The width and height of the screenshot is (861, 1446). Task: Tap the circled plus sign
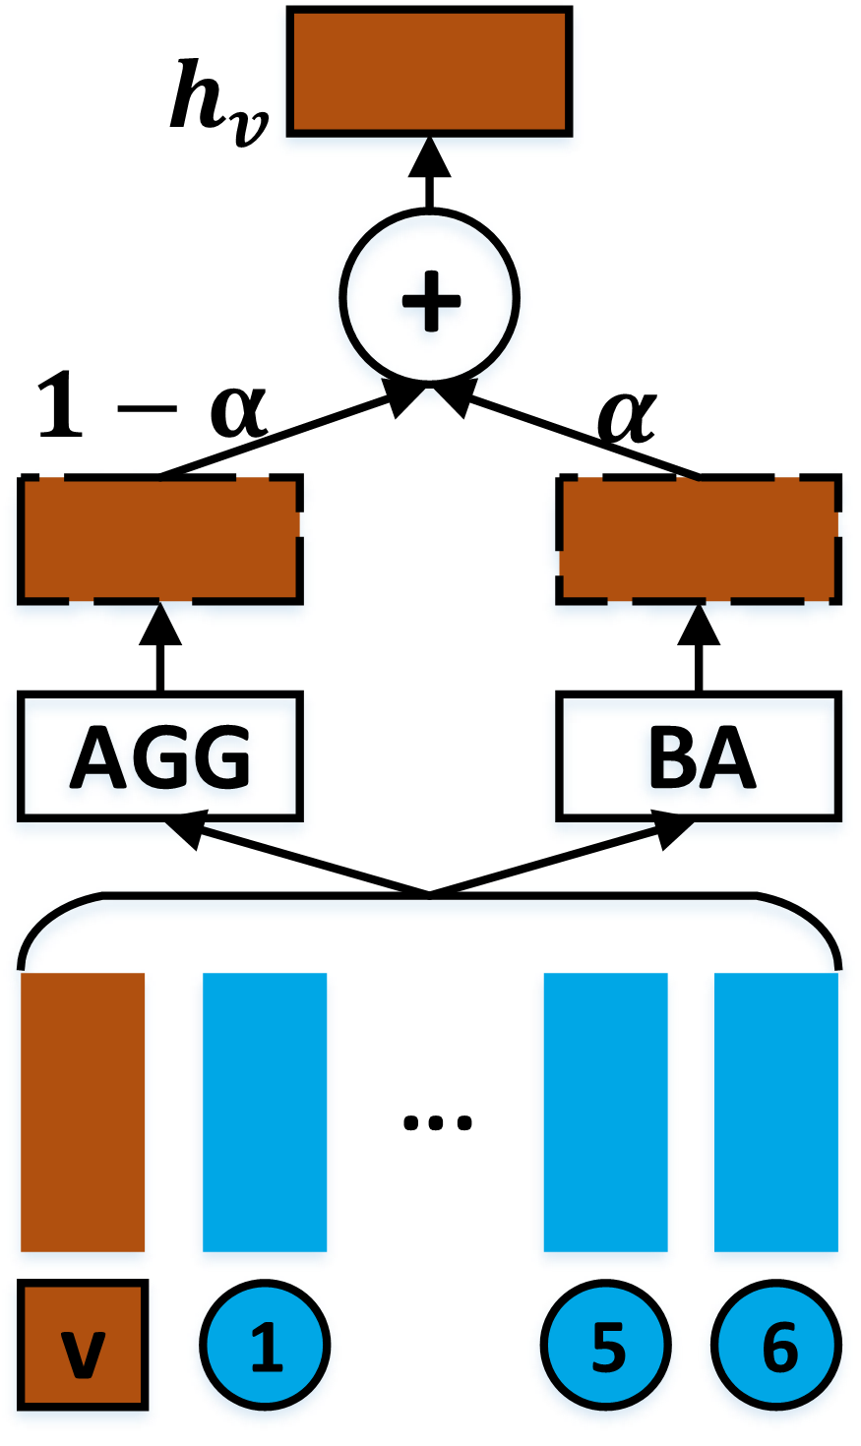[x=428, y=297]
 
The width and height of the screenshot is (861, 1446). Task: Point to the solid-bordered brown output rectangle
[x=429, y=71]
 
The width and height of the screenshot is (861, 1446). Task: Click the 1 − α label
[x=153, y=405]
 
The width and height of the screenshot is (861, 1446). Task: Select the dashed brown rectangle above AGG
[x=159, y=539]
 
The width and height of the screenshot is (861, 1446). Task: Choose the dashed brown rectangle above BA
[x=699, y=539]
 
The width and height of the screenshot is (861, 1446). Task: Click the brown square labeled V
[x=83, y=1345]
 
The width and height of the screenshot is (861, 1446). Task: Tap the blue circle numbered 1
[x=265, y=1345]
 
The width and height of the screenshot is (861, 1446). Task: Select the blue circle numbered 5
[x=606, y=1345]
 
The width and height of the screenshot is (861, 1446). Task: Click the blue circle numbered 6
[x=777, y=1345]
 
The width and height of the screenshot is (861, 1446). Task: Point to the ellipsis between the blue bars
[x=438, y=1120]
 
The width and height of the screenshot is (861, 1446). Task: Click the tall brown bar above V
[x=83, y=1112]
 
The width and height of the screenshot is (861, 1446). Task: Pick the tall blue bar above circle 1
[x=265, y=1112]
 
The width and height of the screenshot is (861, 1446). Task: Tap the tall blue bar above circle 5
[x=606, y=1112]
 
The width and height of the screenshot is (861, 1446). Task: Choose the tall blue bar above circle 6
[x=776, y=1112]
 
